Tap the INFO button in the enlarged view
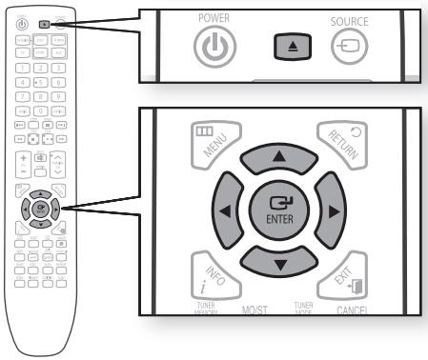pyautogui.click(x=212, y=271)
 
